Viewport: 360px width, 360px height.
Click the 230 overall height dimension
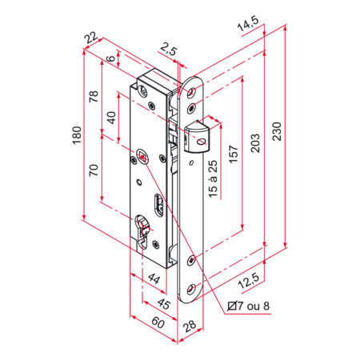click(277, 131)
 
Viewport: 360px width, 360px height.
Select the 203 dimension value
click(255, 143)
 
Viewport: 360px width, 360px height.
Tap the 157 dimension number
click(234, 154)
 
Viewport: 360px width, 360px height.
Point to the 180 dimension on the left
click(77, 135)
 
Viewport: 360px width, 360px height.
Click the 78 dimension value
click(94, 97)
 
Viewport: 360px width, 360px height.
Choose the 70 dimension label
click(94, 170)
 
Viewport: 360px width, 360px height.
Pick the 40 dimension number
click(111, 118)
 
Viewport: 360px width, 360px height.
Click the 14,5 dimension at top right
click(248, 23)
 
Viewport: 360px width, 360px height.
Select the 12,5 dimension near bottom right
click(249, 281)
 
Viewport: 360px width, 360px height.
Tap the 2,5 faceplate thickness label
click(169, 49)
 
